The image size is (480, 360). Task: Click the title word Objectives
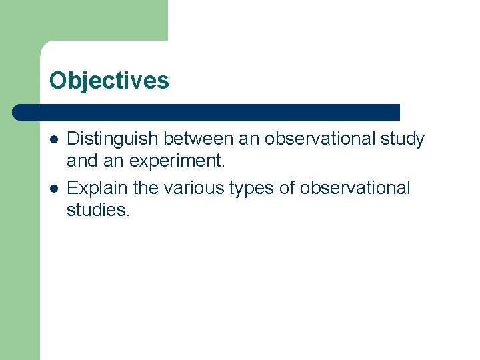(x=109, y=81)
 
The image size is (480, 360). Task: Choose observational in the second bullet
(x=355, y=188)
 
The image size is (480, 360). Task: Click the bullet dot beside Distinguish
(x=53, y=139)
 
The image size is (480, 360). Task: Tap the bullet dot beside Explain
(x=53, y=189)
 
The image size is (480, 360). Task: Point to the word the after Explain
(x=145, y=188)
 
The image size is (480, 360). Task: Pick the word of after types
(x=287, y=188)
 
